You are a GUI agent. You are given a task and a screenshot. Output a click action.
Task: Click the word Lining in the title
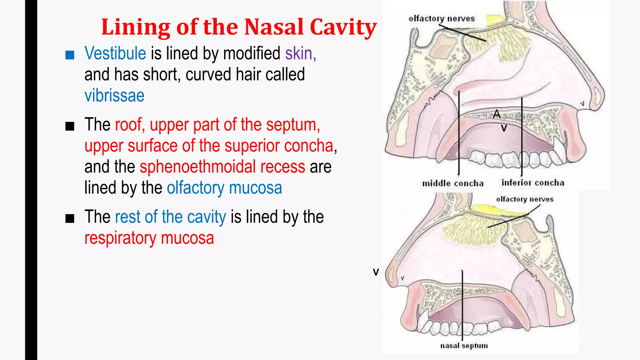(x=136, y=27)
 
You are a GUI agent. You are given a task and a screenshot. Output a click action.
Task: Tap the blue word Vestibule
(x=115, y=53)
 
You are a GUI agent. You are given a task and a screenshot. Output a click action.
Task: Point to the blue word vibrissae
(x=114, y=96)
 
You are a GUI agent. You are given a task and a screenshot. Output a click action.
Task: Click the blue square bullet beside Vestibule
(x=70, y=55)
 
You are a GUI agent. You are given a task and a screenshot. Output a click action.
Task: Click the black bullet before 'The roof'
(x=70, y=127)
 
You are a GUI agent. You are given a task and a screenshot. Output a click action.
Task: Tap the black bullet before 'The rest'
(x=70, y=218)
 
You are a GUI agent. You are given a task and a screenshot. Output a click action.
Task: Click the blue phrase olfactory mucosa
(x=224, y=188)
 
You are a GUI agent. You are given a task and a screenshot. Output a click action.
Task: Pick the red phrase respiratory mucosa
(x=149, y=238)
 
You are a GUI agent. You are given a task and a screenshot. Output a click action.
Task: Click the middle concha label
(x=452, y=183)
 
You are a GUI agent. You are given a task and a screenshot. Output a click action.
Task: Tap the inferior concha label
(x=533, y=183)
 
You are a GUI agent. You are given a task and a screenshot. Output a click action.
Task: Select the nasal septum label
(x=464, y=346)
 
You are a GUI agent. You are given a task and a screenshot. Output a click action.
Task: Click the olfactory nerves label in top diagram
(x=441, y=19)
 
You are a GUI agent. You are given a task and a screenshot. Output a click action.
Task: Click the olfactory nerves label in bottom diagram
(x=524, y=199)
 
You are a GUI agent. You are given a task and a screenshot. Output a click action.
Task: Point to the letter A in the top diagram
(x=497, y=114)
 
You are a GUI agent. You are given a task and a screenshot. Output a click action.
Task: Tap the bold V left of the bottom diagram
(x=376, y=272)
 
